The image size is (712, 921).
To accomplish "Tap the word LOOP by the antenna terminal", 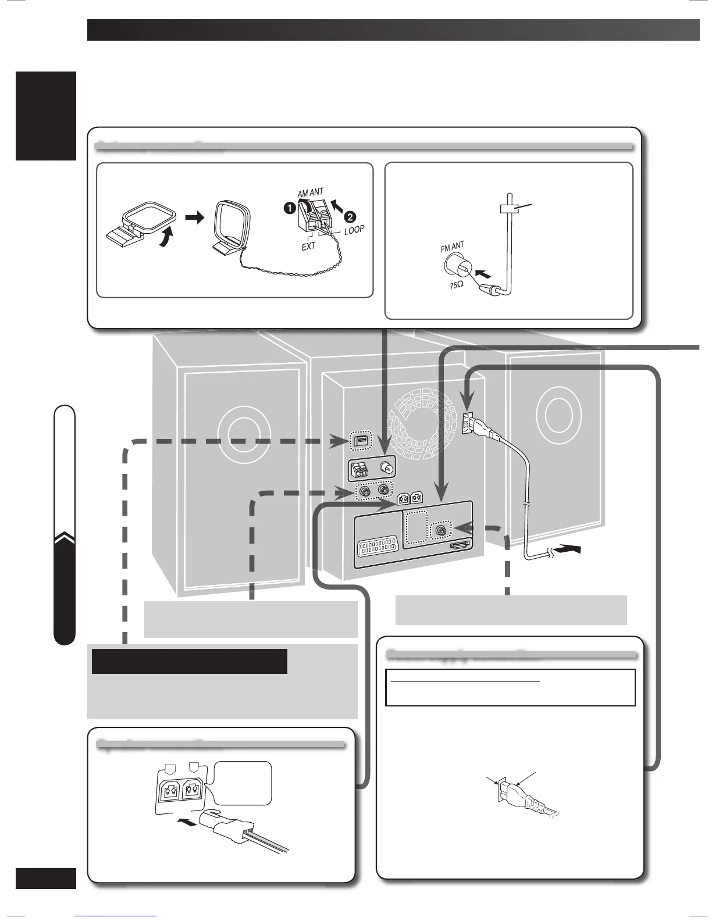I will [x=354, y=230].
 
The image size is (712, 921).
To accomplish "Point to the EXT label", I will [x=308, y=246].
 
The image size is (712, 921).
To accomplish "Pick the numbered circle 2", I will [x=350, y=217].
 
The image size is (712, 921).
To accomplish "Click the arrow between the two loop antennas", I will [x=194, y=217].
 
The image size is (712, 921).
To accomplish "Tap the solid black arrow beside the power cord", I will [x=567, y=549].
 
